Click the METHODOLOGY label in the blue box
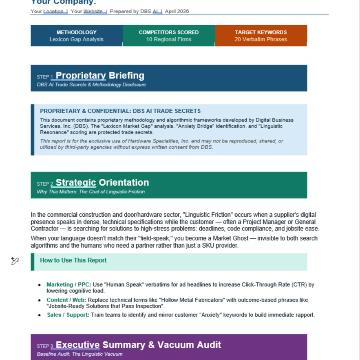76,32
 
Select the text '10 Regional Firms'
168,40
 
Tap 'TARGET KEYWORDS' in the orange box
261,32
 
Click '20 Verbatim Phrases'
261,40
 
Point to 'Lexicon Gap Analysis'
76,40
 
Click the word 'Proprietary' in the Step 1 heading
81,76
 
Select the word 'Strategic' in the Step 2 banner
76,183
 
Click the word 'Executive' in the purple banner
78,345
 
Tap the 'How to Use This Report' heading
73,260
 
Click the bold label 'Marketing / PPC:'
69,285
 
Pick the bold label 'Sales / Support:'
68,315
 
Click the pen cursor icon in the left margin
15,261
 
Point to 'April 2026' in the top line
177,12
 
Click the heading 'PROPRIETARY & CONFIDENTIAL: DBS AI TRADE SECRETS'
120,111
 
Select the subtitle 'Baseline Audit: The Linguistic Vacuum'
80,354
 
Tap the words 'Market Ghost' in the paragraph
222,238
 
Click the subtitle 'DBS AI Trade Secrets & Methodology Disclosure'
91,85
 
